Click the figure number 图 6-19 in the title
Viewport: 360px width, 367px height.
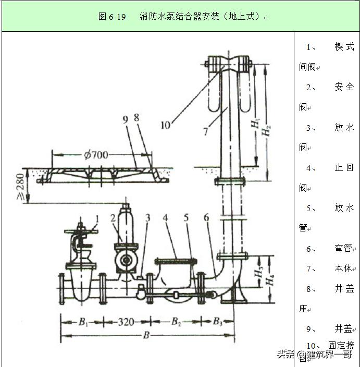pyautogui.click(x=112, y=16)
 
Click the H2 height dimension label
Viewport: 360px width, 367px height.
pyautogui.click(x=266, y=128)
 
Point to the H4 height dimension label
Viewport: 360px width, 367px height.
pyautogui.click(x=269, y=281)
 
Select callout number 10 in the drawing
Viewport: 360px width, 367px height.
pyautogui.click(x=165, y=125)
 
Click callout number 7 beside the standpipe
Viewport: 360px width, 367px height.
pyautogui.click(x=206, y=131)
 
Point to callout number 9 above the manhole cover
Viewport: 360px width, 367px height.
pyautogui.click(x=125, y=119)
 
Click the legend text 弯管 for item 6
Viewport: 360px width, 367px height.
pyautogui.click(x=344, y=249)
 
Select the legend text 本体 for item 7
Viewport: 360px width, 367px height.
pyautogui.click(x=344, y=268)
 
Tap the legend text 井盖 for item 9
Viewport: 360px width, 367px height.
pyautogui.click(x=344, y=329)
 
